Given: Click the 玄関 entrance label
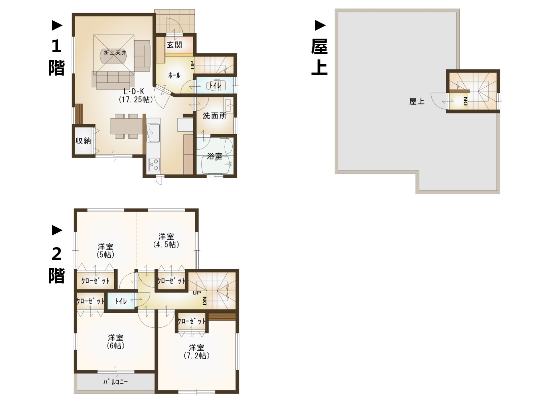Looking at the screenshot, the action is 174,45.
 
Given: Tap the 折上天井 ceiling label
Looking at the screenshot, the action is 115,53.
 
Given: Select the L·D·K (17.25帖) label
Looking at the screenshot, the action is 136,95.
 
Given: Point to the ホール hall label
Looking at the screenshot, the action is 174,75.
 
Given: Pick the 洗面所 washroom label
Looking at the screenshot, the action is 215,116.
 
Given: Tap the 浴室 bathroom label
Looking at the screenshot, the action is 215,156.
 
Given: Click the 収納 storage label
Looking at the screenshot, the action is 83,141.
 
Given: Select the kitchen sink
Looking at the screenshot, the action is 153,133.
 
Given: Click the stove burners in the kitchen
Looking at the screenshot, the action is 154,165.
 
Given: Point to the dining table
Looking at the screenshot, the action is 126,126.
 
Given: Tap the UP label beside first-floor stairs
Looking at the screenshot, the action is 192,65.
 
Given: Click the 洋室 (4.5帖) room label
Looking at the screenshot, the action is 166,240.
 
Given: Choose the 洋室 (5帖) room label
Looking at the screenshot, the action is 106,251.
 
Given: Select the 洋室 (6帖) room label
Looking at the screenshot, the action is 116,342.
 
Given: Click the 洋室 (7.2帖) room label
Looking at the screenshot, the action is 196,352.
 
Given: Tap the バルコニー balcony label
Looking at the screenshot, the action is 115,382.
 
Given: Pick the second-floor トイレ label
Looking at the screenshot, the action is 121,301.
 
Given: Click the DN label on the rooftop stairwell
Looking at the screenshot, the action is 465,101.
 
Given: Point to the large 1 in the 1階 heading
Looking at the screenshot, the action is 56,46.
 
